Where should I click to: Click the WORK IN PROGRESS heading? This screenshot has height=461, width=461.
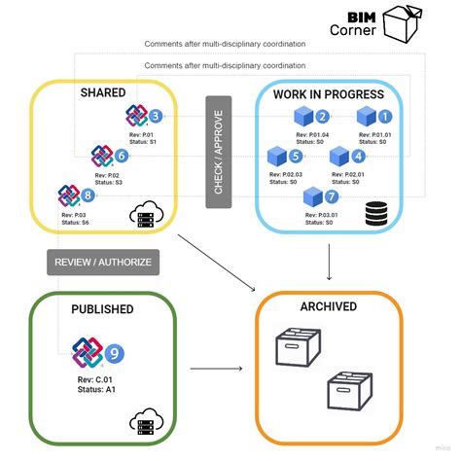[330, 95]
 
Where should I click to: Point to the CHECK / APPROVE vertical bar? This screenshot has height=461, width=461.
[218, 152]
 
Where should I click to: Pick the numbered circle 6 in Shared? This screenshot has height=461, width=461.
[122, 156]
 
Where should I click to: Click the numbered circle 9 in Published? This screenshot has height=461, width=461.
[114, 353]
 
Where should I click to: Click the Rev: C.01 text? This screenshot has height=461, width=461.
[96, 379]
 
